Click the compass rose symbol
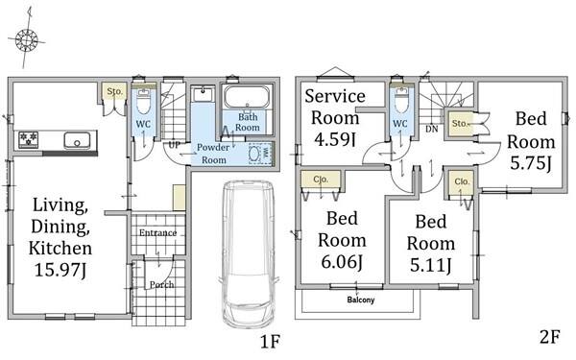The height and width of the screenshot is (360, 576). (x=27, y=39)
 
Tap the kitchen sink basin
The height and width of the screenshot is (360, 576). (x=77, y=141)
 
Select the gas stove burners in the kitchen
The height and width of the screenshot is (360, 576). (x=29, y=140)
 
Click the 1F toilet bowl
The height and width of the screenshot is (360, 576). (x=144, y=103)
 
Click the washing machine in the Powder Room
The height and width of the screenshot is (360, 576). (x=260, y=154)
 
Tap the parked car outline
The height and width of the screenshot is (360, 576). (x=249, y=254)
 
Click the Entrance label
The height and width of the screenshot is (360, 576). (x=158, y=232)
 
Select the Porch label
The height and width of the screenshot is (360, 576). (x=161, y=284)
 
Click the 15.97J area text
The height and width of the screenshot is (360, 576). (x=60, y=271)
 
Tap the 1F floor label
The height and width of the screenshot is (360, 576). (x=271, y=342)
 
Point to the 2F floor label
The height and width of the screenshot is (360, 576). (x=550, y=337)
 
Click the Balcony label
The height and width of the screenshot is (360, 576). (x=361, y=300)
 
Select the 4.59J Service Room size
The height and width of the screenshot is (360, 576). (x=335, y=139)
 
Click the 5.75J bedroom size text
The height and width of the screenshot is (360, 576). (x=531, y=163)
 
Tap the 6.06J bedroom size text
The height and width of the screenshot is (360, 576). (x=342, y=262)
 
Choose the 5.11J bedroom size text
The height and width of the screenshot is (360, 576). (x=430, y=265)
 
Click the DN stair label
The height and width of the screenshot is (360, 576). (x=432, y=130)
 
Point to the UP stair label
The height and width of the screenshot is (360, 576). (x=174, y=145)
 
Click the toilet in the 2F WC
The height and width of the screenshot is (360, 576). (x=400, y=101)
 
